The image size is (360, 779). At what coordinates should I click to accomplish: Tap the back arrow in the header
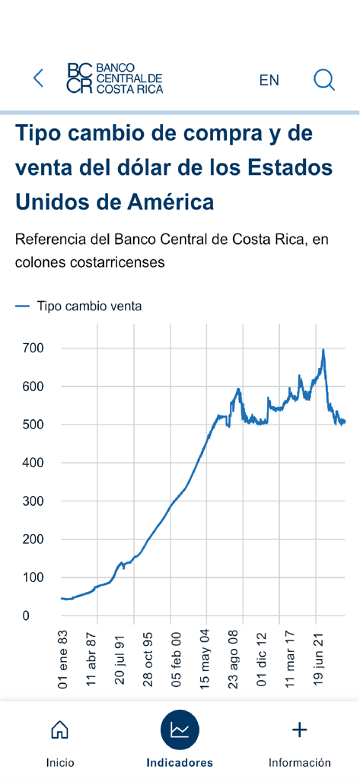(x=38, y=78)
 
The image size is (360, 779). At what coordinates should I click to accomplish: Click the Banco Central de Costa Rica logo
(x=114, y=78)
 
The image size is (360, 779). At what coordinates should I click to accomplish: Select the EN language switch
(x=269, y=80)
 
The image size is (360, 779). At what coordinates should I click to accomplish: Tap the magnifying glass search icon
(x=324, y=79)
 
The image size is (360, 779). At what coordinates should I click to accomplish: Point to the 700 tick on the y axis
(x=32, y=348)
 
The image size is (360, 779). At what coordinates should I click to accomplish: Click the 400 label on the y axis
(x=32, y=463)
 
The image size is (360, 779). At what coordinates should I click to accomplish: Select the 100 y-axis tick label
(x=32, y=577)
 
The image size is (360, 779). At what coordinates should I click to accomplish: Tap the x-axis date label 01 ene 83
(x=62, y=659)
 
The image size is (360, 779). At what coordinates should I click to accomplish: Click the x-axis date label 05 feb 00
(x=176, y=659)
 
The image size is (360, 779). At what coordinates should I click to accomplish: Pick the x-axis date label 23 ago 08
(x=234, y=659)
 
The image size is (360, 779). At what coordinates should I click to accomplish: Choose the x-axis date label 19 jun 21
(x=320, y=659)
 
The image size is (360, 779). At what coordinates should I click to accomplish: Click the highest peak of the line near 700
(x=323, y=351)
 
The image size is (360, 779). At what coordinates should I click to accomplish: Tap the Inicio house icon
(x=59, y=730)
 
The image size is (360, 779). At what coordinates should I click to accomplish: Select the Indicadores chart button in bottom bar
(x=180, y=730)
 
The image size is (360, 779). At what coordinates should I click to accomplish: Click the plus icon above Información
(x=300, y=730)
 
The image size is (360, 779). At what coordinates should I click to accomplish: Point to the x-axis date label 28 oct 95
(x=148, y=659)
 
